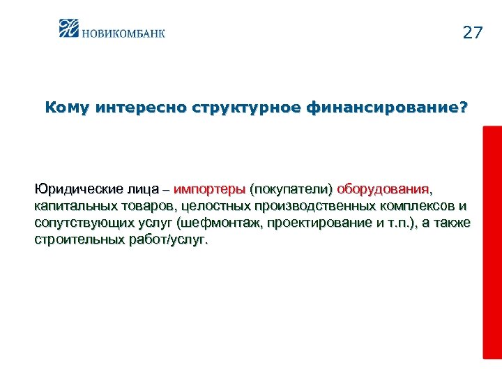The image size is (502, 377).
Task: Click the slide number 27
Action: click(x=472, y=33)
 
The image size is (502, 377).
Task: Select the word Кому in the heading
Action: click(x=68, y=108)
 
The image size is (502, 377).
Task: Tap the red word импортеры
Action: click(x=209, y=189)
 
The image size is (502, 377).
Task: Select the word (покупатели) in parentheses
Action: click(x=291, y=189)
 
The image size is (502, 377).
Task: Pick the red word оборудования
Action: click(x=384, y=189)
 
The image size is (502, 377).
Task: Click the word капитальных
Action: click(x=75, y=206)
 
